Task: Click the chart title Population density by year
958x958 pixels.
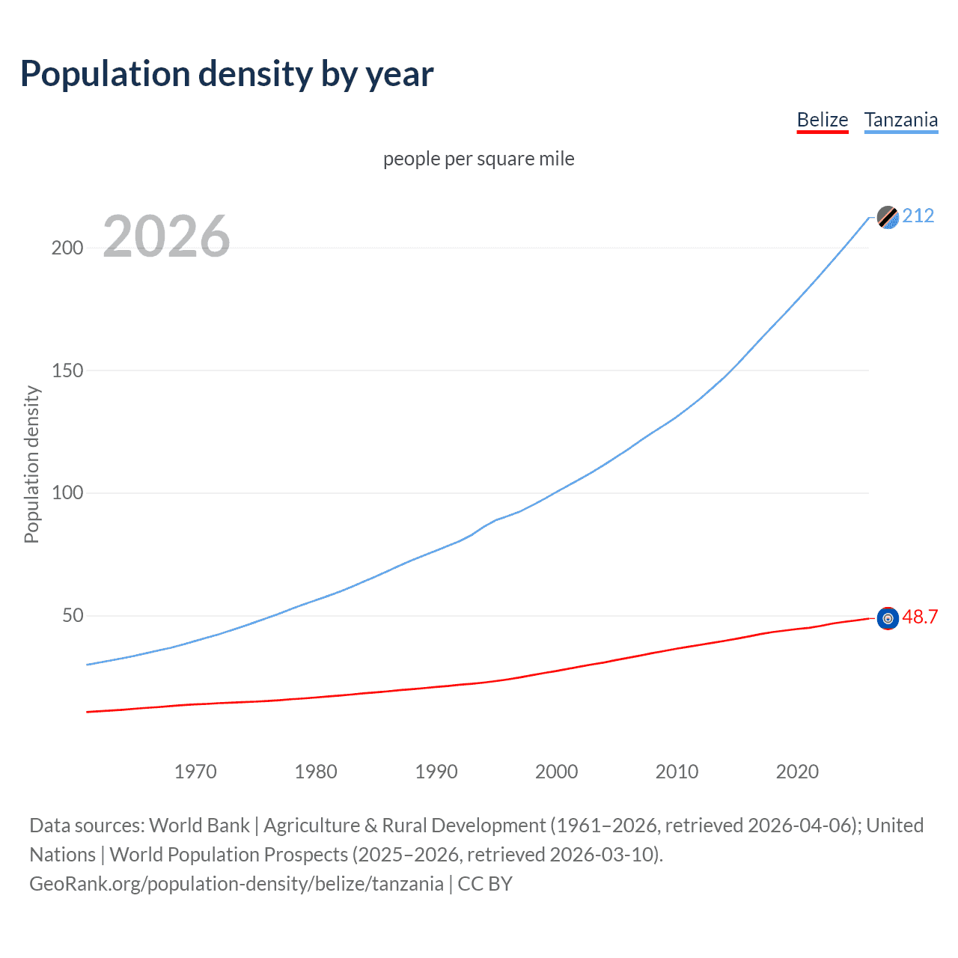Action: [x=227, y=74]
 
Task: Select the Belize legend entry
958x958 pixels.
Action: [x=822, y=120]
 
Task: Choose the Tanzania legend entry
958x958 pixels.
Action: [x=900, y=120]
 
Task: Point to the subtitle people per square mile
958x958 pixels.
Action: [x=478, y=159]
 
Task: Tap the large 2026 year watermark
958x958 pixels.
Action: [x=166, y=237]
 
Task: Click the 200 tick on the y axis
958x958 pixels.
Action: [x=67, y=248]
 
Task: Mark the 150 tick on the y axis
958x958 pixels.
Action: [x=67, y=370]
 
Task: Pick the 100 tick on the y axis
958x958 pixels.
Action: [x=67, y=493]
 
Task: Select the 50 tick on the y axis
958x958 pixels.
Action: [x=73, y=616]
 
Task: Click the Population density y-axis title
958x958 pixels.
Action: [x=31, y=464]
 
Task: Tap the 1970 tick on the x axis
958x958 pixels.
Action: [x=195, y=772]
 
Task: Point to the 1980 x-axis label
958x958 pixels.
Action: [x=316, y=772]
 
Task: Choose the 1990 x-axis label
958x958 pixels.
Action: [x=436, y=772]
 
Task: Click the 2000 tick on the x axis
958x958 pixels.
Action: [x=556, y=772]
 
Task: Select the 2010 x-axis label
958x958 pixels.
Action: [x=677, y=772]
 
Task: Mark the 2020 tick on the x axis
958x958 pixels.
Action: [x=797, y=772]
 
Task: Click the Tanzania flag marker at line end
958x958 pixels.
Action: [x=888, y=217]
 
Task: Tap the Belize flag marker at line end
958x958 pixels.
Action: [x=888, y=618]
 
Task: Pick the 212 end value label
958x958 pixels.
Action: [x=918, y=216]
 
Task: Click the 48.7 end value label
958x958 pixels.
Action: [x=920, y=617]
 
